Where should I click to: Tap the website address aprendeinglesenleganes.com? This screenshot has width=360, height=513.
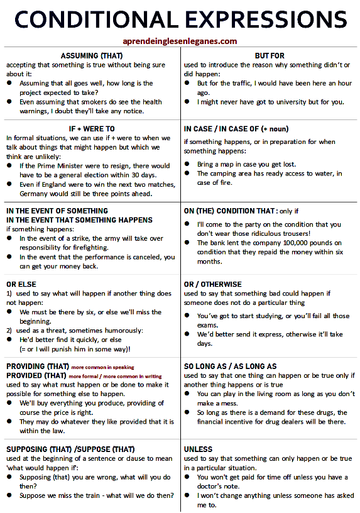coord(180,41)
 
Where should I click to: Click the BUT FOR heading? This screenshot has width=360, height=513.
coord(270,55)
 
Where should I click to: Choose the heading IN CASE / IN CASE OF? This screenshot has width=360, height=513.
coord(236,129)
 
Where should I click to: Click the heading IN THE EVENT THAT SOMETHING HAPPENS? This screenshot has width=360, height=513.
coord(79,220)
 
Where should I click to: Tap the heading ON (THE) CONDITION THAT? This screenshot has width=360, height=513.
coord(229,211)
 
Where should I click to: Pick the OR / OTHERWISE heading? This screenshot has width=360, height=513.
coord(212,284)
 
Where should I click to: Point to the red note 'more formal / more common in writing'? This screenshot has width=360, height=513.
coord(111,375)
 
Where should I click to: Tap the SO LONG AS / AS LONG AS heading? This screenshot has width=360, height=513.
coord(230,367)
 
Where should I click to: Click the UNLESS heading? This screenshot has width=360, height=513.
coord(198,450)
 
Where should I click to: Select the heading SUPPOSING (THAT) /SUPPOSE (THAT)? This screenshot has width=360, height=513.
coord(70,450)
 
